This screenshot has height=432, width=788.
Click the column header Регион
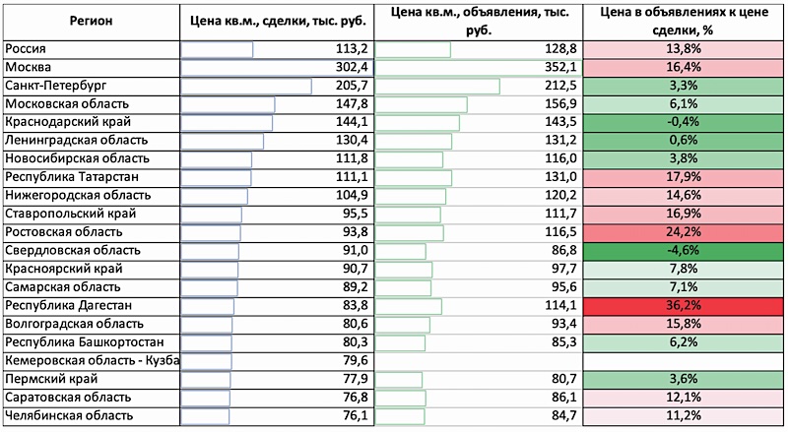90,20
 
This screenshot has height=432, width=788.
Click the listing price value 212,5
558,86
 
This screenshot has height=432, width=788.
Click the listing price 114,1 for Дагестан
558,306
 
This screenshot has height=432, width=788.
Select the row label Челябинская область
68,416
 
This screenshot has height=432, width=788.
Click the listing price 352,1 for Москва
558,67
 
